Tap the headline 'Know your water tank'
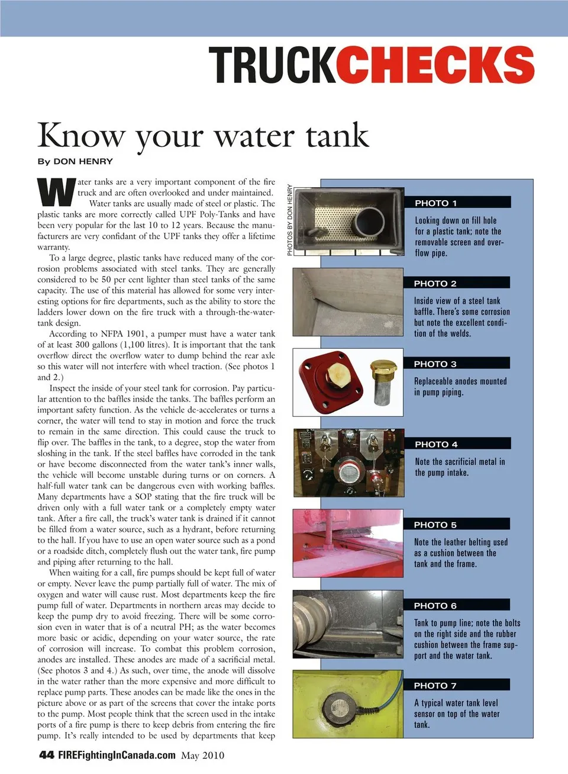pos(203,136)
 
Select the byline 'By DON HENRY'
pos(75,161)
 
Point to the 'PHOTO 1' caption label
pos(436,203)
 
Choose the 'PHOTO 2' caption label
pos(435,284)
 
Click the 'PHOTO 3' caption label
pos(435,364)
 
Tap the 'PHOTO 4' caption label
pos(436,444)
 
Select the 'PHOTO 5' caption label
pos(435,525)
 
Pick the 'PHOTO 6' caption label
pos(435,606)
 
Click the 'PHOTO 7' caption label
pos(435,686)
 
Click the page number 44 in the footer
pos(47,755)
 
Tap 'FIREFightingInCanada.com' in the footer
pos(117,755)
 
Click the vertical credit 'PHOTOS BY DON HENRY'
pos(290,220)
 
